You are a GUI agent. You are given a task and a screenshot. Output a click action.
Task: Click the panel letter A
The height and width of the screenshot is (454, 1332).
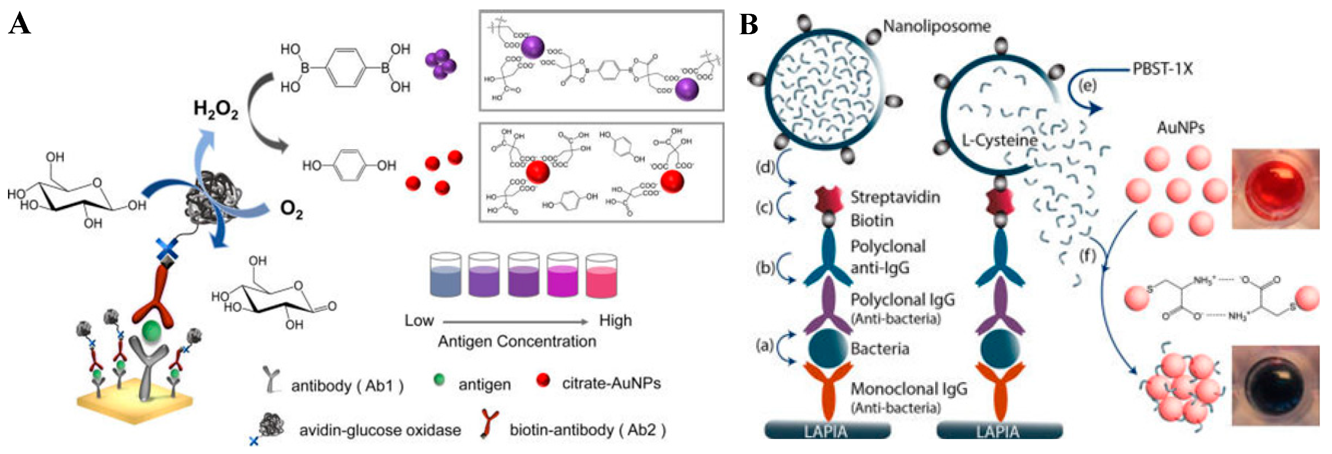(20, 24)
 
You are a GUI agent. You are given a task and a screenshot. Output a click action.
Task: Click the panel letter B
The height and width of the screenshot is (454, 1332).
(749, 24)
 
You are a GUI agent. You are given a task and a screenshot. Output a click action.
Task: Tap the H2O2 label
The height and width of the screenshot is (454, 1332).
(215, 109)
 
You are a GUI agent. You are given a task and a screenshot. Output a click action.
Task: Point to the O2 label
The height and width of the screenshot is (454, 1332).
(291, 210)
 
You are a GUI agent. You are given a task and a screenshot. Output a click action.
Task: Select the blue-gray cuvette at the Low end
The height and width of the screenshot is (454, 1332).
(445, 276)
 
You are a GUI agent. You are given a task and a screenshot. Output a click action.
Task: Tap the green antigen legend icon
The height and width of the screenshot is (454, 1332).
(439, 380)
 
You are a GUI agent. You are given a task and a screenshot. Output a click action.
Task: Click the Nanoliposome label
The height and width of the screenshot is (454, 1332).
(936, 26)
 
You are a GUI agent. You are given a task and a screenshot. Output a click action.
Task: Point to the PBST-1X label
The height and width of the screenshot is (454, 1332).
(1162, 69)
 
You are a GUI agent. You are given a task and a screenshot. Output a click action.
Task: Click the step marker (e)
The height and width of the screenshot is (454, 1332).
(1087, 85)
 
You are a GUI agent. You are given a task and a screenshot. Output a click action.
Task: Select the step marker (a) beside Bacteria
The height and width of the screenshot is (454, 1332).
(764, 345)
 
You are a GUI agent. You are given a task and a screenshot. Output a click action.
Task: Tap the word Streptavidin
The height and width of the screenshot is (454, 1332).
(895, 197)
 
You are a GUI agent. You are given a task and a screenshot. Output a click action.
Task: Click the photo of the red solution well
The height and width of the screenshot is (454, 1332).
(1276, 189)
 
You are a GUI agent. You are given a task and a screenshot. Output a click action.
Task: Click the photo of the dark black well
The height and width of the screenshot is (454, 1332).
(1276, 385)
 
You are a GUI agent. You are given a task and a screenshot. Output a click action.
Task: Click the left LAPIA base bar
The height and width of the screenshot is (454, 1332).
(827, 431)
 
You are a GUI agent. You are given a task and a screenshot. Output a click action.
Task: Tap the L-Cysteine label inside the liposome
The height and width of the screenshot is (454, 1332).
(999, 140)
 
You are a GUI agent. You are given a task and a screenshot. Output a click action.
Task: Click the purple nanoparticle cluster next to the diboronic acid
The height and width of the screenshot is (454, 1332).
(441, 64)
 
